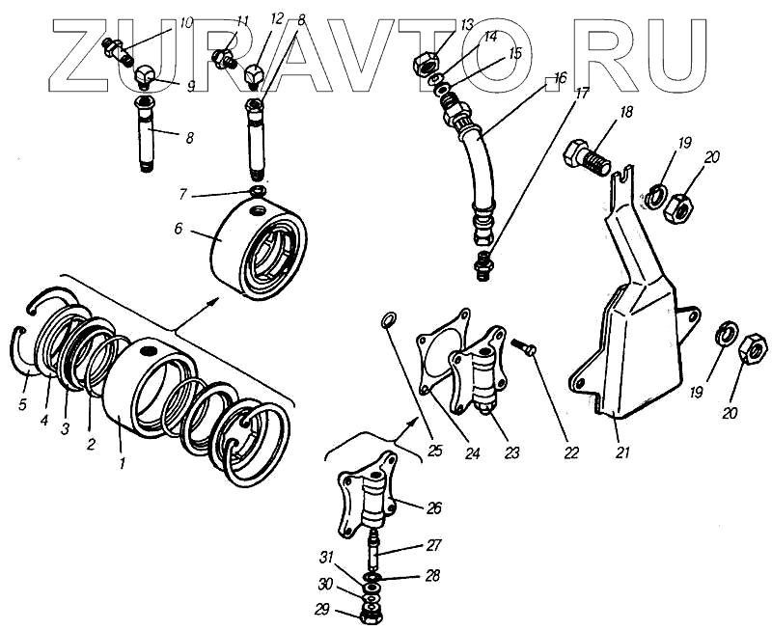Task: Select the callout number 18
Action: click(626, 113)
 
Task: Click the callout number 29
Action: click(320, 610)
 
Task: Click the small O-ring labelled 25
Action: click(388, 319)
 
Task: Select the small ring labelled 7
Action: click(258, 194)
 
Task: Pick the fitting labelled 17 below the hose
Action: click(485, 262)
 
